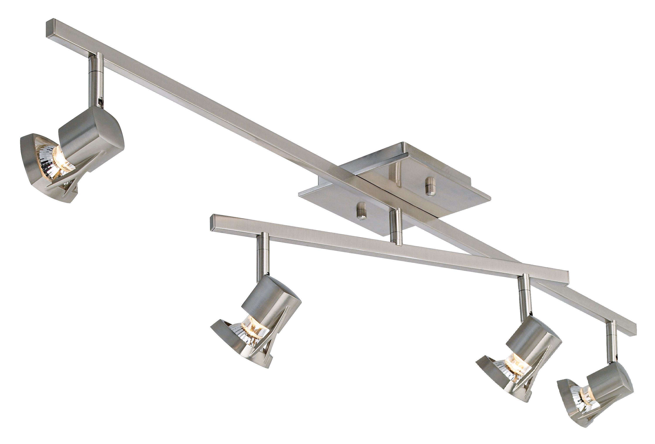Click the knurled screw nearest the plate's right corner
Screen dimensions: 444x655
pyautogui.click(x=430, y=186)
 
